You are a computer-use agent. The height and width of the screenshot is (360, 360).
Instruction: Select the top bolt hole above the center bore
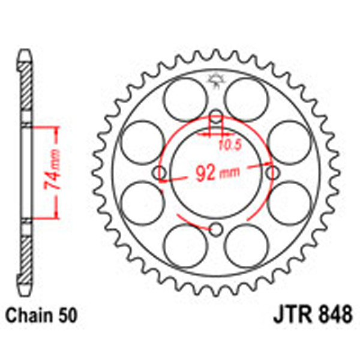point(217,116)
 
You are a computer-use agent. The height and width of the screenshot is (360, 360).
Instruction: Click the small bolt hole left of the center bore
point(160,173)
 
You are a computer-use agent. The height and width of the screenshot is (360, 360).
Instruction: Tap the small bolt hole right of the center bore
point(274,173)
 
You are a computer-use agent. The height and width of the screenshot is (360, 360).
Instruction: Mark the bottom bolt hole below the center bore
point(217,229)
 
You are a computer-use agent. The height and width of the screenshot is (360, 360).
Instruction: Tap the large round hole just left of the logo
point(184,97)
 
